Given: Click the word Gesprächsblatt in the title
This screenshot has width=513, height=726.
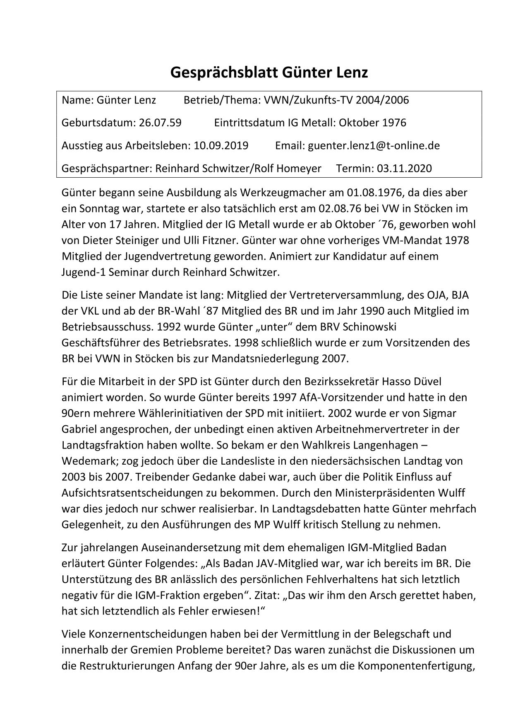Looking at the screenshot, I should click(x=224, y=73).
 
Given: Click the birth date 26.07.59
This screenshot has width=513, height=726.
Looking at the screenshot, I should click(x=160, y=123).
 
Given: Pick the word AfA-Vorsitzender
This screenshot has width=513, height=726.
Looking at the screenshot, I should click(x=329, y=398).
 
